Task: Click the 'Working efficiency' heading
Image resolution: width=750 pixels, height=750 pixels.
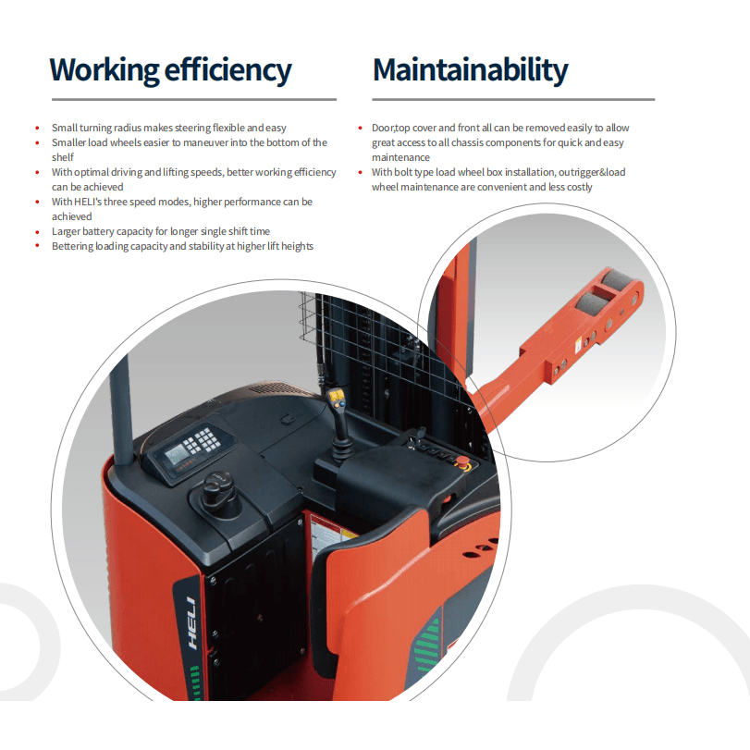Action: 170,70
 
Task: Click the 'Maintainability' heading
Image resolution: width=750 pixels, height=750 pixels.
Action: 470,70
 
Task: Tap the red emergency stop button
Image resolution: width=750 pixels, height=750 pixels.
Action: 462,461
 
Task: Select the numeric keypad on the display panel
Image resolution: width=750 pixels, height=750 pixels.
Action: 203,440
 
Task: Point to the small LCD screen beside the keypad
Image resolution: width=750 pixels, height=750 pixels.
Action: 176,453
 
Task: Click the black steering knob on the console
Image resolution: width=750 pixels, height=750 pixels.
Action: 218,492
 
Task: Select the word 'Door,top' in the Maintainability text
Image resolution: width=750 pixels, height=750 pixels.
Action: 391,129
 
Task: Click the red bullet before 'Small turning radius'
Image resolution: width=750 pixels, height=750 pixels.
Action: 37,128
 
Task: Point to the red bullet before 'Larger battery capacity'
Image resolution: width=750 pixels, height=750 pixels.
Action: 37,232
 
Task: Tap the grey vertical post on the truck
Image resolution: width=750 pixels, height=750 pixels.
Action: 121,411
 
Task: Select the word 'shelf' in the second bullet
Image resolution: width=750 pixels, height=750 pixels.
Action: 63,157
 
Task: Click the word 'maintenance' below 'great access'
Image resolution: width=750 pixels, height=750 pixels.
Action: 400,157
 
